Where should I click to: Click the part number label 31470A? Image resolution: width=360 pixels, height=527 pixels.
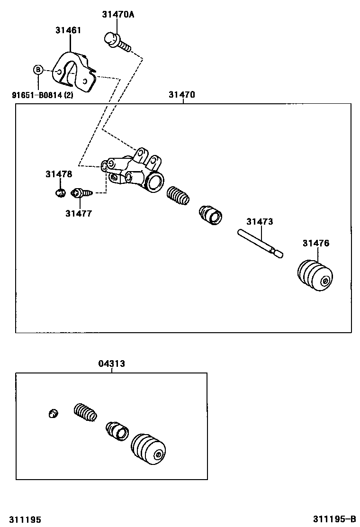[118, 15]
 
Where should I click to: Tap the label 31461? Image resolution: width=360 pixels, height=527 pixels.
[68, 30]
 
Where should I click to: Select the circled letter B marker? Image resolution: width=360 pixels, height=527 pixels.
[38, 70]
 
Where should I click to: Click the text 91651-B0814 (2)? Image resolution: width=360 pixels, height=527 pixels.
[43, 95]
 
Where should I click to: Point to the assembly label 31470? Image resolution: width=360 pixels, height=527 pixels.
[181, 95]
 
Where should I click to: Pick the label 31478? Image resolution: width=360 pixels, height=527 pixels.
[59, 174]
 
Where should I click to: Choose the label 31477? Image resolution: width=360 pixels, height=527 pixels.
[79, 214]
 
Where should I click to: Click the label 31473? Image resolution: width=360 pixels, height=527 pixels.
[260, 221]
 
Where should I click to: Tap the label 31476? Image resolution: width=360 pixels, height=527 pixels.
[316, 243]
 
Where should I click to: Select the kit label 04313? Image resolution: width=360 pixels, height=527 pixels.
[112, 364]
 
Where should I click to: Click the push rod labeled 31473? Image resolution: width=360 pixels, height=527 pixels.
[260, 242]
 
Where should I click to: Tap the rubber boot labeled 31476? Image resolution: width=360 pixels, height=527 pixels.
[315, 275]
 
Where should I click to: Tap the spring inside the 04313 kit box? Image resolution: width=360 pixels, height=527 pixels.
[86, 412]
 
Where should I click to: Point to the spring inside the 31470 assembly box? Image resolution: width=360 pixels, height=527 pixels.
[178, 196]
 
